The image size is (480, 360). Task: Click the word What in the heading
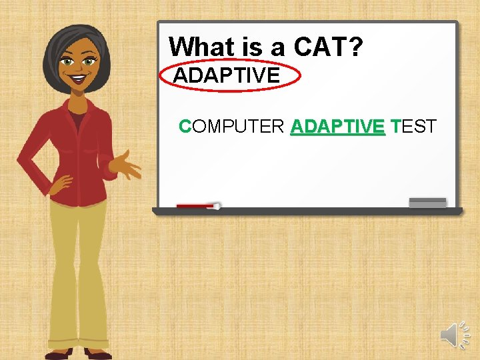tap(197, 47)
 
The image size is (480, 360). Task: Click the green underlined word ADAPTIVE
tap(338, 126)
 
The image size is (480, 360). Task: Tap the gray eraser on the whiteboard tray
tap(427, 203)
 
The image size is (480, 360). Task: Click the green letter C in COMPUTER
tap(185, 126)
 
